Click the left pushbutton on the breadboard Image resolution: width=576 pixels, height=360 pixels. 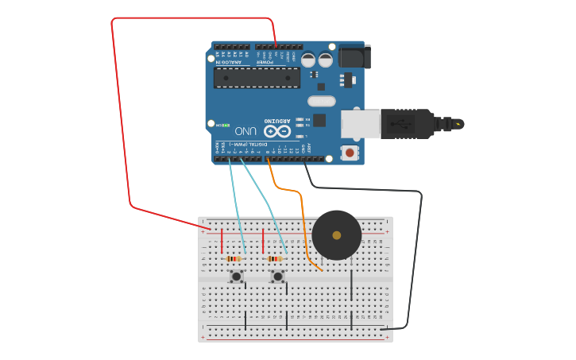point(236,276)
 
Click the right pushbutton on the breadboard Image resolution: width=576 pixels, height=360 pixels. point(277,276)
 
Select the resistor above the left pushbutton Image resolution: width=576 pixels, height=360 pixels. point(234,258)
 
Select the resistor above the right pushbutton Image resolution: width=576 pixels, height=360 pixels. point(275,258)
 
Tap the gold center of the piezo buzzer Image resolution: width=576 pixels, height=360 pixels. point(337,235)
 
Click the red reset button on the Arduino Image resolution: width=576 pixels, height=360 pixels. point(349,152)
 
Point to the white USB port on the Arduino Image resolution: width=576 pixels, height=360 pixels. point(361,124)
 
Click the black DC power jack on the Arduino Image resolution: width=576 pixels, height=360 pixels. point(354,57)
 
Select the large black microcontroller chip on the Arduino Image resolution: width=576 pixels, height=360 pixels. point(257,78)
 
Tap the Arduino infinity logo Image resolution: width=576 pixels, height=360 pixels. point(277,130)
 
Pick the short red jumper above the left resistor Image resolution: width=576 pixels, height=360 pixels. point(222,241)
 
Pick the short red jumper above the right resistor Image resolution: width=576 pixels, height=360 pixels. point(263,241)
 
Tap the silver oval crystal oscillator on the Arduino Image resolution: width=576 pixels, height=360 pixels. point(322,101)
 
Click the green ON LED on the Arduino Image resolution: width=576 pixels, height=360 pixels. point(226,126)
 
